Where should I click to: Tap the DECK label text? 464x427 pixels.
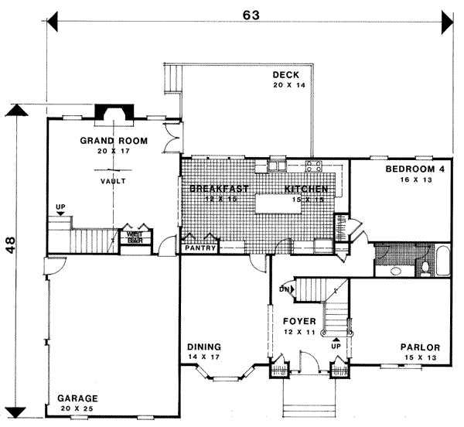click(x=285, y=75)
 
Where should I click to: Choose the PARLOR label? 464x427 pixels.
click(x=420, y=347)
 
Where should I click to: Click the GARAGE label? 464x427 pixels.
click(x=77, y=398)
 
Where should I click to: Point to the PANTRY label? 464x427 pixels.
click(x=198, y=248)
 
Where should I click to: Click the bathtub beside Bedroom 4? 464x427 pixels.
click(x=441, y=260)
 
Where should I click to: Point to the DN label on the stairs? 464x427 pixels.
click(x=284, y=290)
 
